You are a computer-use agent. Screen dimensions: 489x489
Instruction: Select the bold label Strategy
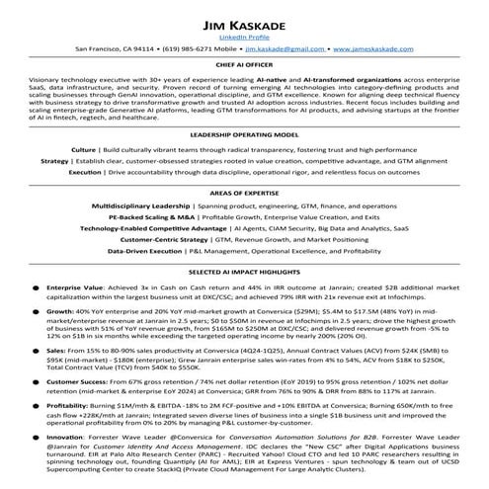(55, 160)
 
